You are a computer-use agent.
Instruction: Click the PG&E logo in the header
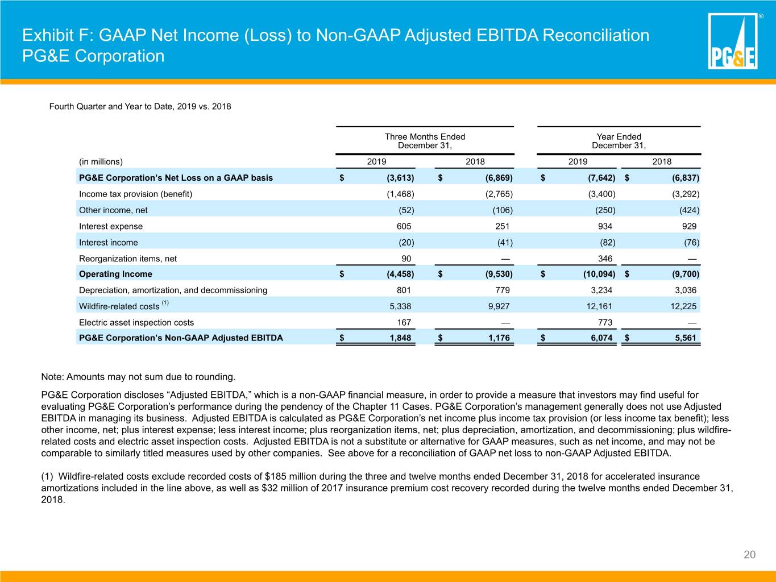(733, 41)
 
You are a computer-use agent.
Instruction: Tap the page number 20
(749, 555)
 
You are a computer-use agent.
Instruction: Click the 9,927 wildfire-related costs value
(499, 306)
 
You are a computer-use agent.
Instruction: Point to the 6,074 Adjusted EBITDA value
(601, 338)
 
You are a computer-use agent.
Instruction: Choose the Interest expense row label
(111, 226)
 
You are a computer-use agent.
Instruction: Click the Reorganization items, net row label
(127, 259)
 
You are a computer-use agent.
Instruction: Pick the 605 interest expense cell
(404, 226)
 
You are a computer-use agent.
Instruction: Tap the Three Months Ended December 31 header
(425, 141)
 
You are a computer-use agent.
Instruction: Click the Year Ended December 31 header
(619, 141)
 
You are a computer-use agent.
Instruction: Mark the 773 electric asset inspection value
(605, 322)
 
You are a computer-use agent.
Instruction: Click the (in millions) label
(101, 161)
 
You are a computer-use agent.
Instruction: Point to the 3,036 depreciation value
(686, 290)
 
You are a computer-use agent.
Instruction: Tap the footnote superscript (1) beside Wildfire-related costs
(165, 302)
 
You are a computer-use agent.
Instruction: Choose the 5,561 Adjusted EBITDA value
(686, 338)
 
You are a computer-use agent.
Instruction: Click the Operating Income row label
(115, 274)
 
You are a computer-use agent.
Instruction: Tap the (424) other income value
(690, 210)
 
